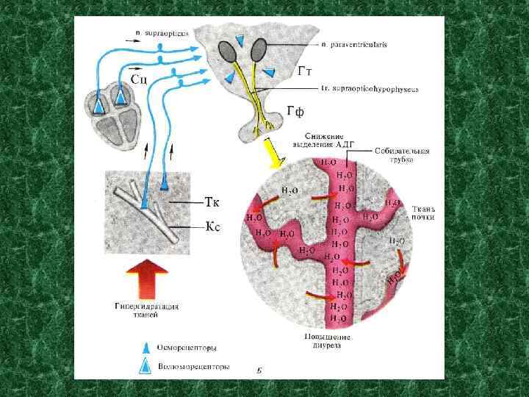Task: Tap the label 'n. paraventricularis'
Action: (x=356, y=45)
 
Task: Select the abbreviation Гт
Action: (x=308, y=71)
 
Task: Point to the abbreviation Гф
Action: (x=296, y=112)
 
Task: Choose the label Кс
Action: (x=212, y=227)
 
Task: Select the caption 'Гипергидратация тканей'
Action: (x=147, y=310)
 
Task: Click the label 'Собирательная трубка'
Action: (x=401, y=155)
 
